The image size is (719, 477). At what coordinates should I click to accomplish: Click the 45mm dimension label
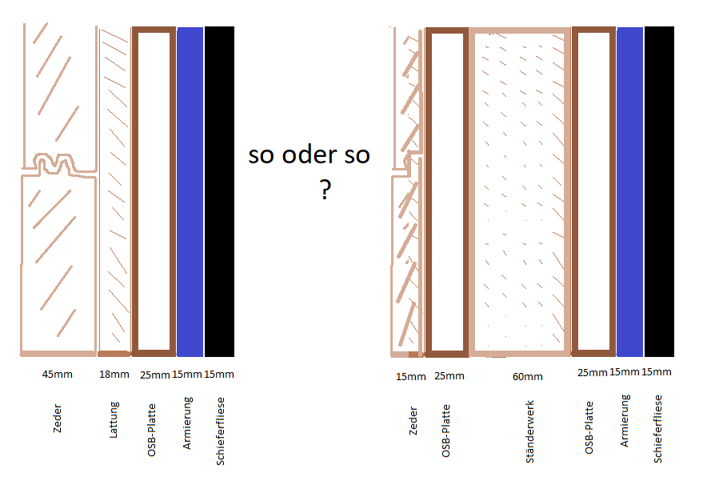click(58, 375)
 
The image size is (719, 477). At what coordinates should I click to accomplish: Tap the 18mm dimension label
click(114, 375)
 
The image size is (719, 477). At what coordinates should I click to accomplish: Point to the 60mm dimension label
click(527, 376)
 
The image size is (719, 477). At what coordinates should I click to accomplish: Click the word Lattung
click(114, 419)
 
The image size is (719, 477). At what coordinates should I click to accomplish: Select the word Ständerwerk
click(529, 431)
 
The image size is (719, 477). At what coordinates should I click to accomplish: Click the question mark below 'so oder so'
click(325, 190)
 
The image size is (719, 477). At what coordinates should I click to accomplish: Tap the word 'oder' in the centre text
click(309, 154)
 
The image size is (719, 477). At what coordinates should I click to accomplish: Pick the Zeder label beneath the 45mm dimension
click(58, 418)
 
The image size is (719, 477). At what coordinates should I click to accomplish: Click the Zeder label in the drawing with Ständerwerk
click(413, 420)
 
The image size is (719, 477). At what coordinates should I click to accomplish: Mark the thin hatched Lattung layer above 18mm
click(114, 190)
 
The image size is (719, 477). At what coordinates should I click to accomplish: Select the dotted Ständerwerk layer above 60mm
click(520, 192)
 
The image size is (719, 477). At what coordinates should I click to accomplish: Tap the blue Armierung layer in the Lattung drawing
click(190, 191)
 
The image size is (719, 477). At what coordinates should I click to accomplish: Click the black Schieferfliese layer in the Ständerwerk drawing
click(659, 191)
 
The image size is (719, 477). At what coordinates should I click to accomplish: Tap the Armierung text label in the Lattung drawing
click(187, 423)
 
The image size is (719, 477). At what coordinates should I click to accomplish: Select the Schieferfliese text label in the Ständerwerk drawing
click(658, 428)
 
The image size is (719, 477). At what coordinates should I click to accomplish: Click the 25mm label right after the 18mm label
click(155, 375)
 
